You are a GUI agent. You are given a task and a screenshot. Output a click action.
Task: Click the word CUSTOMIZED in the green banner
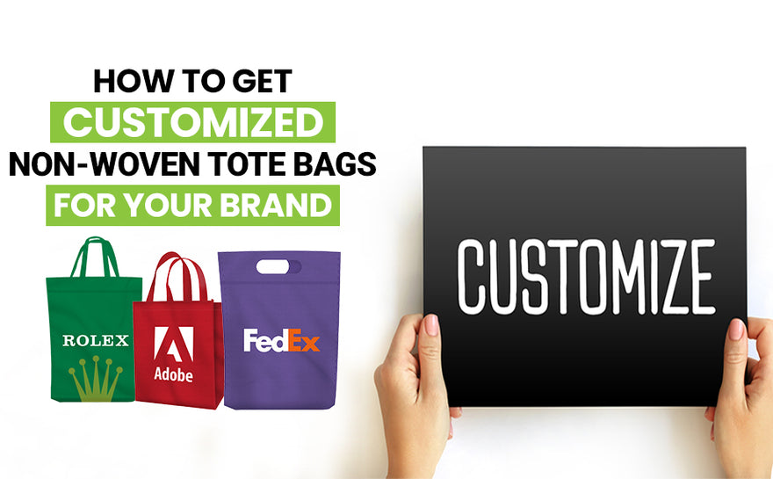(193, 122)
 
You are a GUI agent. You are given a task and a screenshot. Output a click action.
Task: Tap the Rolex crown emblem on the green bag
(95, 380)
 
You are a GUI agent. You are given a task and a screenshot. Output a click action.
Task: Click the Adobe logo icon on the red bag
(173, 345)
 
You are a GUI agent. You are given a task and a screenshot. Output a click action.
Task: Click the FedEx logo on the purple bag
(281, 339)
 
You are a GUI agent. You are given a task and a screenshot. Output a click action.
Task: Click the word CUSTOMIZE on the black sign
(586, 274)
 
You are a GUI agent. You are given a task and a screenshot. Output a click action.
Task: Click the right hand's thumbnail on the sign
(736, 330)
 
